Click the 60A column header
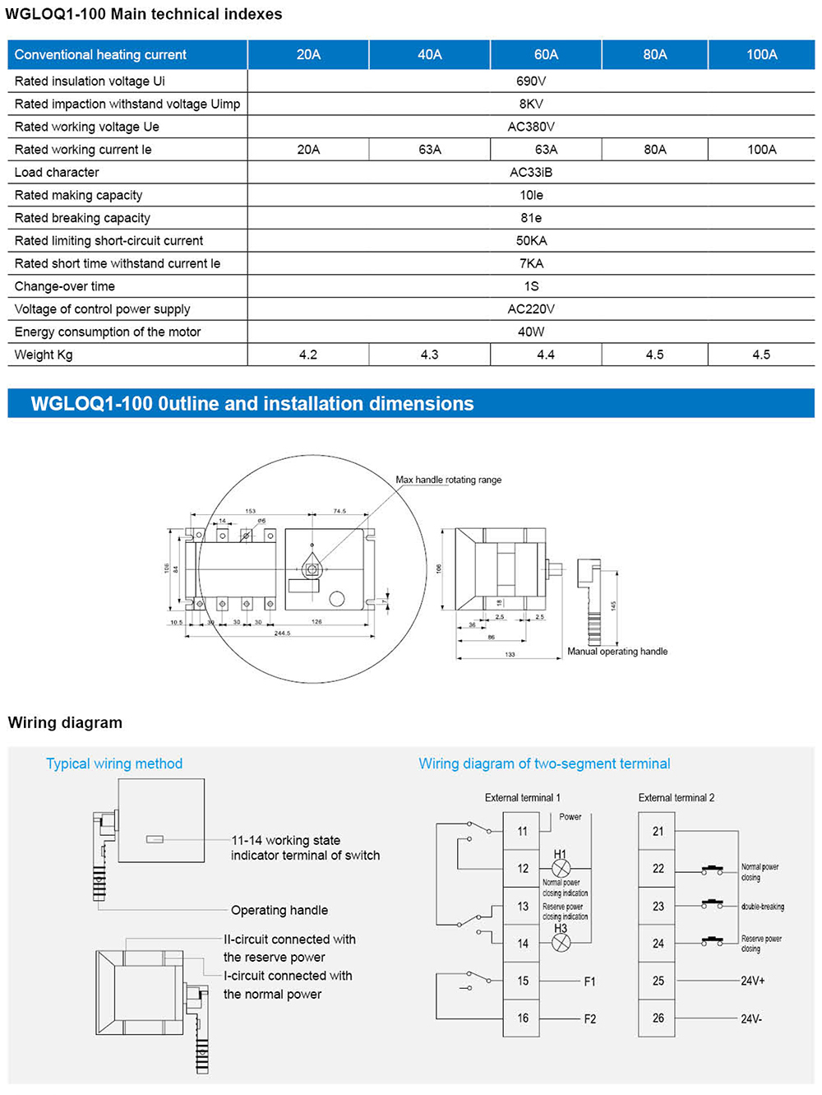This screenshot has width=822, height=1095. click(x=546, y=54)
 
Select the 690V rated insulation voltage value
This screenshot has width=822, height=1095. click(x=531, y=81)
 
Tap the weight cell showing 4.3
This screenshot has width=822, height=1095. click(x=429, y=355)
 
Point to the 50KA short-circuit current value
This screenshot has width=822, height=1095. click(x=531, y=240)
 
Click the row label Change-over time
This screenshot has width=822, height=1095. click(x=65, y=286)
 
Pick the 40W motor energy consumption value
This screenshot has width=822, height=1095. click(x=531, y=332)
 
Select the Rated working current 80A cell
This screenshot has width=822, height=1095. click(x=654, y=149)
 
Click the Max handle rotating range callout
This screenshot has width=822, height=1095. click(x=448, y=480)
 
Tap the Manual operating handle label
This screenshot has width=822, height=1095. click(x=617, y=652)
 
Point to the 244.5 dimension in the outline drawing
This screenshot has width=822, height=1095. click(x=282, y=633)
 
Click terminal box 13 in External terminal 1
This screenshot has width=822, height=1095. click(x=522, y=906)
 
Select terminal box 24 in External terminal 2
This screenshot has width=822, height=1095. click(x=658, y=944)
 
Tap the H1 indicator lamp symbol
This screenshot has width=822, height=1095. click(x=561, y=869)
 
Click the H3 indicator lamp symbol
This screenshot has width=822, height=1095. click(x=561, y=944)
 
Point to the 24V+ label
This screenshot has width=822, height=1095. click(x=752, y=981)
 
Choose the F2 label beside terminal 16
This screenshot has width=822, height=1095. click(x=589, y=1018)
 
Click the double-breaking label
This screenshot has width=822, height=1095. click(x=763, y=907)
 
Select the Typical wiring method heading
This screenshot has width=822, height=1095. click(x=114, y=763)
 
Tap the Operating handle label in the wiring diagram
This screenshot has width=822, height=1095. click(x=279, y=910)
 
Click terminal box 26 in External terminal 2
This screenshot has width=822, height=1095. click(x=658, y=1018)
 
